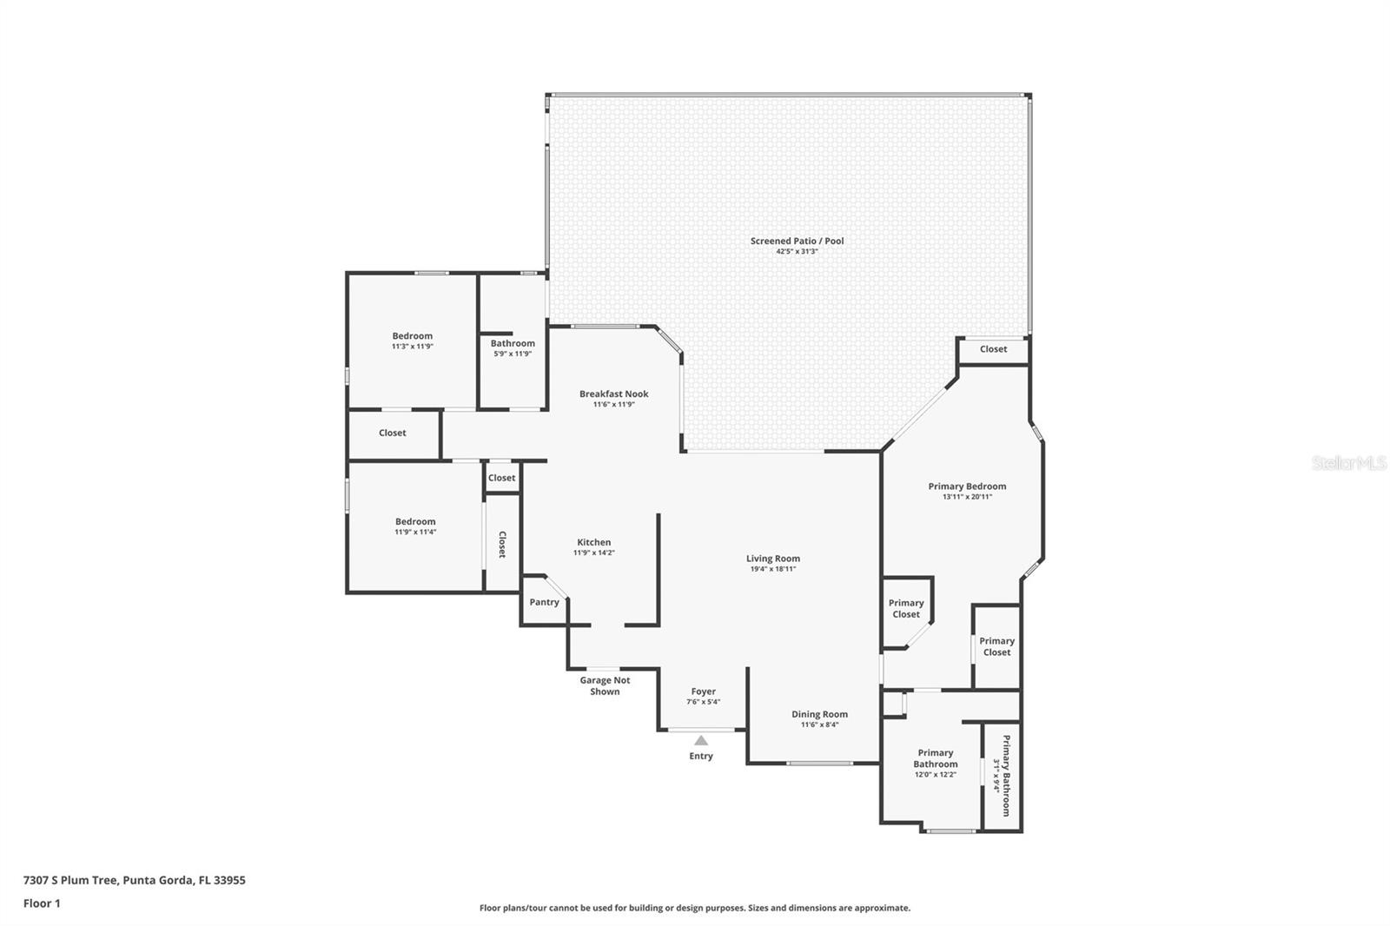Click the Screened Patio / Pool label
pyautogui.click(x=797, y=241)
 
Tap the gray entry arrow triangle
pyautogui.click(x=700, y=740)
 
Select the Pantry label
pyautogui.click(x=544, y=602)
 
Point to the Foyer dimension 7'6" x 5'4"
pyautogui.click(x=703, y=702)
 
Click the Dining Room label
pyautogui.click(x=819, y=714)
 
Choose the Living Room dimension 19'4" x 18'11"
pyautogui.click(x=772, y=568)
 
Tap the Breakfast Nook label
pyautogui.click(x=613, y=394)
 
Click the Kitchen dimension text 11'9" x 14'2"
pyautogui.click(x=594, y=552)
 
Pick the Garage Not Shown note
pyautogui.click(x=605, y=685)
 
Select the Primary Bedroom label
pyautogui.click(x=967, y=486)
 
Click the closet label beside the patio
pyautogui.click(x=993, y=349)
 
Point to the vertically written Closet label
pyautogui.click(x=502, y=545)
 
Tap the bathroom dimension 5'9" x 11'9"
pyautogui.click(x=513, y=354)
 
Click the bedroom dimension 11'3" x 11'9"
pyautogui.click(x=412, y=347)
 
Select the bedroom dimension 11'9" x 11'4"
pyautogui.click(x=415, y=532)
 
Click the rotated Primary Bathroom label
pyautogui.click(x=1006, y=776)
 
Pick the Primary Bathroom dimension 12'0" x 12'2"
pyautogui.click(x=935, y=775)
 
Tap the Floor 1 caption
pyautogui.click(x=42, y=903)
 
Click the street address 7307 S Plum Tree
pyautogui.click(x=70, y=880)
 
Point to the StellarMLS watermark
pyautogui.click(x=1348, y=462)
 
